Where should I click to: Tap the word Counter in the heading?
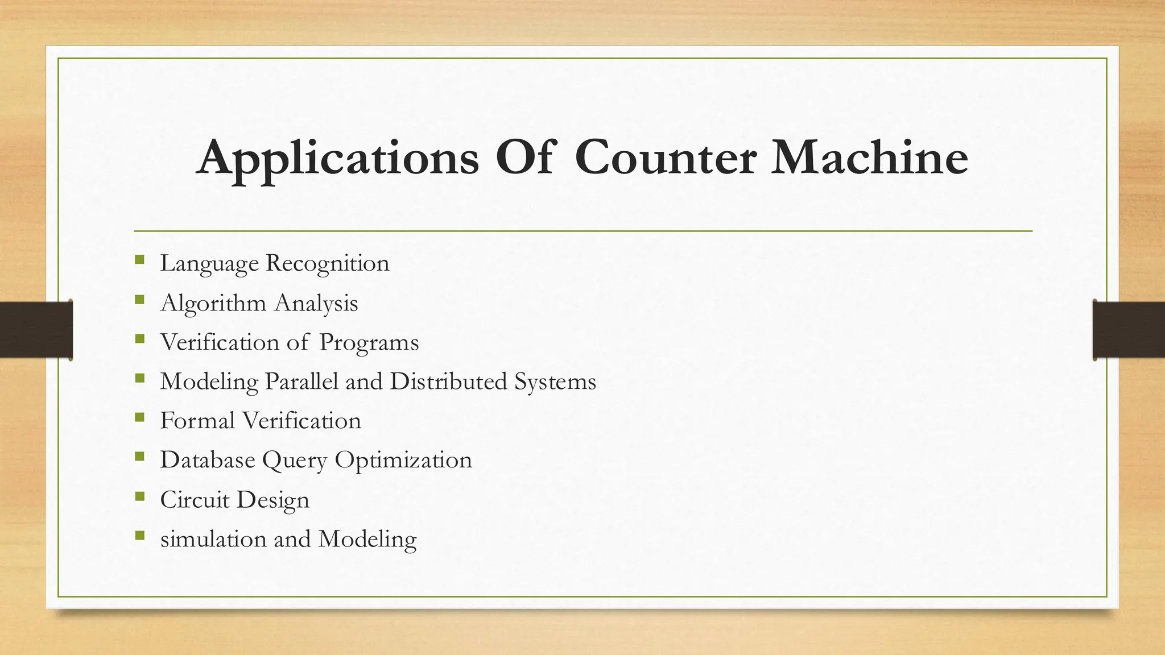(665, 157)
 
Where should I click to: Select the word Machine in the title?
(869, 157)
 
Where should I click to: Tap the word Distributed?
(448, 382)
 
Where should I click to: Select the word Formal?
(197, 421)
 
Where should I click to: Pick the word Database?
(208, 460)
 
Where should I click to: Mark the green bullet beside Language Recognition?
(139, 260)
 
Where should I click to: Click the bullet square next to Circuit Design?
(139, 497)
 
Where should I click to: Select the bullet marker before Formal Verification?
(139, 418)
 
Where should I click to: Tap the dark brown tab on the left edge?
(36, 330)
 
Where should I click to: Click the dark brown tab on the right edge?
(1129, 330)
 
